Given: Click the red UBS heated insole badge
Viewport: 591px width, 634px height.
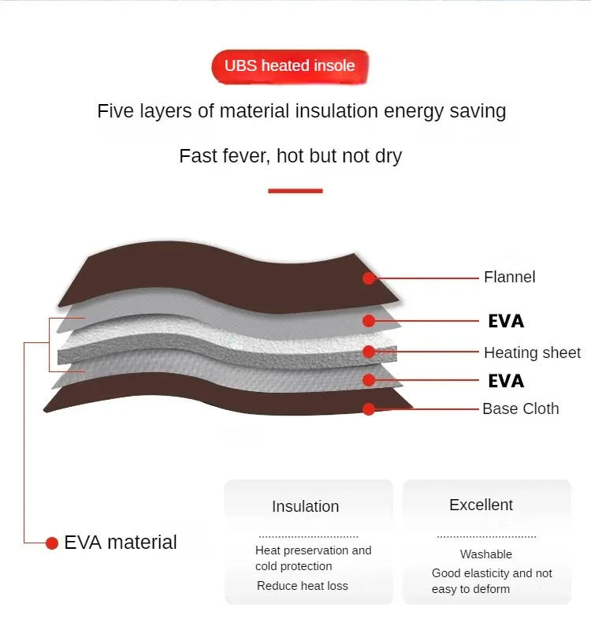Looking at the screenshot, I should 289,66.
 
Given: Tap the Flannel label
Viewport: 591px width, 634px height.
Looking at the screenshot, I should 509,277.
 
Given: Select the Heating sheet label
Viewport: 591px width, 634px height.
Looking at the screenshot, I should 532,352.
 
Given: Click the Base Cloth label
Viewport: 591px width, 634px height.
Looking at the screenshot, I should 520,408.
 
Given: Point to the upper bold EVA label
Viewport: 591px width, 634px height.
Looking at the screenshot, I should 506,321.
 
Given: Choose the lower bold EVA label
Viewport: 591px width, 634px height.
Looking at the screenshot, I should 506,381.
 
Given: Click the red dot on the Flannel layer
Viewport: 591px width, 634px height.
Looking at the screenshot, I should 369,278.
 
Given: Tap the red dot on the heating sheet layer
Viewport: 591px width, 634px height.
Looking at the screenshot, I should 369,352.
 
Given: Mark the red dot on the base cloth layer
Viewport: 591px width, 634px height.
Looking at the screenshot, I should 369,408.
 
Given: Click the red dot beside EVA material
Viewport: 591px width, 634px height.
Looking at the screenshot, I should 52,543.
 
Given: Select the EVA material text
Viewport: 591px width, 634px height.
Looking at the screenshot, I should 121,543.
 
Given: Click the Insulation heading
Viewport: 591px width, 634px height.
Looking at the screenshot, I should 305,506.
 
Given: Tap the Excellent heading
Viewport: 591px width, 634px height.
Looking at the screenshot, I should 481,505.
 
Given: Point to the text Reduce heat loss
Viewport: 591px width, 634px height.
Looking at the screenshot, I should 302,586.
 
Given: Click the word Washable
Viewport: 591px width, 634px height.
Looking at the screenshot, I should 485,554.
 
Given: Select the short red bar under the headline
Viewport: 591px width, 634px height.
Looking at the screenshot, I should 295,191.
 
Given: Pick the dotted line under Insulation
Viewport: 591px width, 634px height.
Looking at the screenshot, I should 308,536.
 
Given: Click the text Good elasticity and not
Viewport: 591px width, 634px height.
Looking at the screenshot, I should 492,573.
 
